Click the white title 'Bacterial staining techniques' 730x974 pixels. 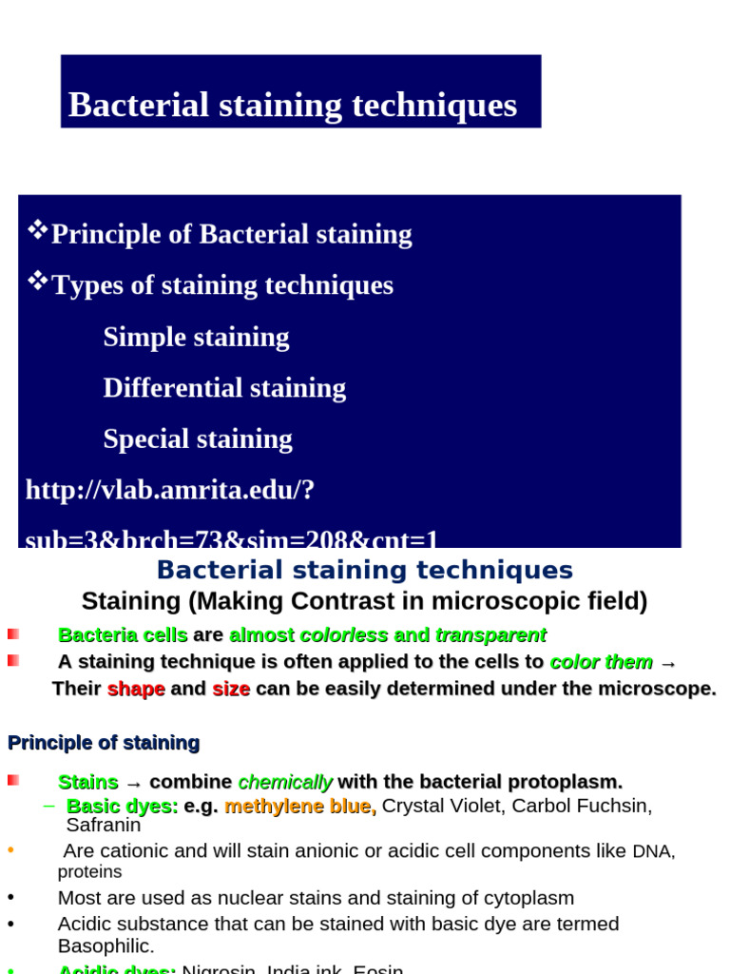(x=293, y=105)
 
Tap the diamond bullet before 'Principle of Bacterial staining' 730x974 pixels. (x=38, y=229)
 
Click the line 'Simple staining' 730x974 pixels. (x=196, y=337)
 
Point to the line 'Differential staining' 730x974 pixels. (x=224, y=388)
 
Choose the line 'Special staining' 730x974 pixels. (x=198, y=438)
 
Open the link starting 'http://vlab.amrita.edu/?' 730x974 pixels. (x=170, y=490)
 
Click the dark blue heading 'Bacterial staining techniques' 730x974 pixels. (x=365, y=571)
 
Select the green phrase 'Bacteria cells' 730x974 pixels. (x=123, y=635)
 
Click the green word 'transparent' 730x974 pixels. (x=490, y=635)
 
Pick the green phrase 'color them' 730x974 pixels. (x=602, y=662)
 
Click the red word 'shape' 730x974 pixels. (x=136, y=689)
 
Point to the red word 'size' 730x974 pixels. (x=231, y=689)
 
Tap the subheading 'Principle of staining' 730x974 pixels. (x=104, y=743)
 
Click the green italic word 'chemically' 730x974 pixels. (x=285, y=782)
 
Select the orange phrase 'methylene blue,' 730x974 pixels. (x=300, y=807)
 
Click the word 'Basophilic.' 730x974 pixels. (x=106, y=945)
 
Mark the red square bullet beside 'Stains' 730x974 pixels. (x=13, y=781)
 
